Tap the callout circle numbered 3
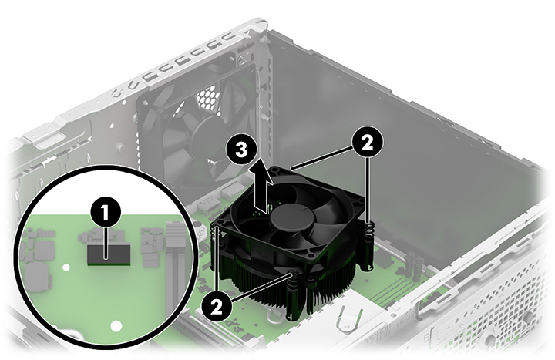pyautogui.click(x=240, y=151)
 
